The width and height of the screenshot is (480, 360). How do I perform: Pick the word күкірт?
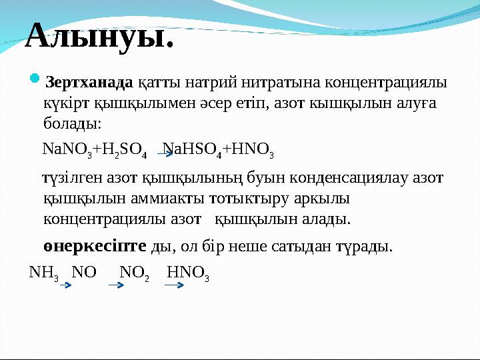[66, 103]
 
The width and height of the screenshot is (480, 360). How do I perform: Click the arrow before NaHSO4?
[165, 153]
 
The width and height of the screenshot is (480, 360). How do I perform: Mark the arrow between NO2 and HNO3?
[174, 285]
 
